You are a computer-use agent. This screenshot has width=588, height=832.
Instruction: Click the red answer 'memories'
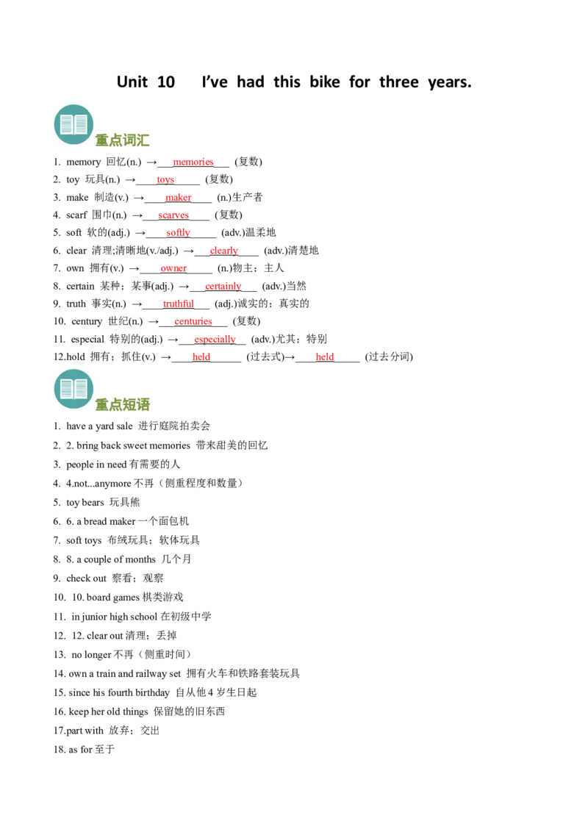click(x=193, y=162)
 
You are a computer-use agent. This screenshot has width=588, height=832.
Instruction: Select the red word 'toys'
click(x=165, y=180)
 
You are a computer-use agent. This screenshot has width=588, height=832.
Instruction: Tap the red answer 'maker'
click(x=179, y=198)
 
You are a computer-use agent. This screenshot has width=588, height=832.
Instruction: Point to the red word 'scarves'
click(x=173, y=215)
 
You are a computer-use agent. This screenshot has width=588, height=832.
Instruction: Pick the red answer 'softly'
click(x=178, y=232)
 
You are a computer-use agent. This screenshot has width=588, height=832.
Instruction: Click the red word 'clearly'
click(x=224, y=251)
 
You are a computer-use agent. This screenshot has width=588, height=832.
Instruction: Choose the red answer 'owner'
click(x=173, y=268)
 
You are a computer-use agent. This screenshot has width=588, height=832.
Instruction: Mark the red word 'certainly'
click(x=223, y=286)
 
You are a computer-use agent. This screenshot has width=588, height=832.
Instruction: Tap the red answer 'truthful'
click(x=179, y=304)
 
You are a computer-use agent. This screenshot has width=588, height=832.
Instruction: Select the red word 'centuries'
click(x=193, y=321)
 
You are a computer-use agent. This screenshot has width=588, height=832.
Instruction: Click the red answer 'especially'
click(x=215, y=339)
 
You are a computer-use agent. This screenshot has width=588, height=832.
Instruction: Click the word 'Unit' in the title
click(x=132, y=82)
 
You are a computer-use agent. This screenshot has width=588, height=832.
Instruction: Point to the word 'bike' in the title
click(x=325, y=82)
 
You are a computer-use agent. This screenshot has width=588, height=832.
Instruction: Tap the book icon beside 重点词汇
click(x=73, y=125)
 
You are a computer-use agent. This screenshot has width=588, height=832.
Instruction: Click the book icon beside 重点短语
click(x=73, y=389)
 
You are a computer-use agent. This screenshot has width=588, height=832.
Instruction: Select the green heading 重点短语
click(x=123, y=405)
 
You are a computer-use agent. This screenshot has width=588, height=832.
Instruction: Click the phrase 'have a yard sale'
click(x=99, y=426)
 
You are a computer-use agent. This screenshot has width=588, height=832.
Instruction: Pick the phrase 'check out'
click(x=87, y=578)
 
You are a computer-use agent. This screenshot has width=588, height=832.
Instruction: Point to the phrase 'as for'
click(x=81, y=750)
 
